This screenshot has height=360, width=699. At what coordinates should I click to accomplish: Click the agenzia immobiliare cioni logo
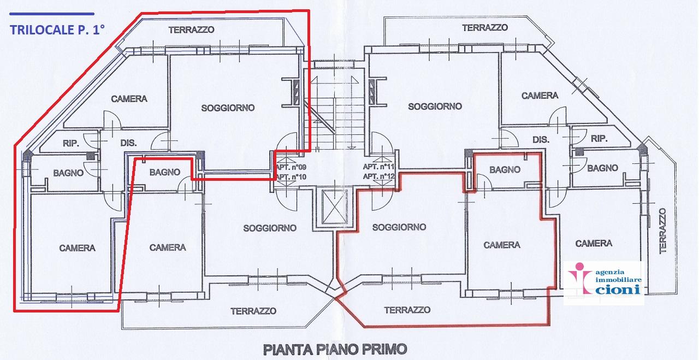(x=603, y=281)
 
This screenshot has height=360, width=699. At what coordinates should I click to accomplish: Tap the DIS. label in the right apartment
(x=540, y=140)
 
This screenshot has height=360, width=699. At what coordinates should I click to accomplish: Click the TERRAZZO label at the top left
(x=191, y=30)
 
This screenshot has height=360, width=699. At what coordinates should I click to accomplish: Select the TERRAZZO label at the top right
(x=485, y=27)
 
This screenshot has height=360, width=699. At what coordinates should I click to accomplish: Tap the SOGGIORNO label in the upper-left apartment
(x=228, y=108)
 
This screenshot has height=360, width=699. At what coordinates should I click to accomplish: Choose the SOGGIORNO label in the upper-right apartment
(x=435, y=107)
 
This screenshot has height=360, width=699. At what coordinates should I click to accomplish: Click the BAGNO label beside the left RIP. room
(x=68, y=173)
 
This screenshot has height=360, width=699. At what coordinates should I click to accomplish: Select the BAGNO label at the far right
(x=603, y=168)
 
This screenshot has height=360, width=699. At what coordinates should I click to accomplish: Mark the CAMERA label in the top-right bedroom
(x=540, y=96)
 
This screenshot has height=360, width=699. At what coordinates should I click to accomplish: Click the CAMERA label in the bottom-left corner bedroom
(x=77, y=248)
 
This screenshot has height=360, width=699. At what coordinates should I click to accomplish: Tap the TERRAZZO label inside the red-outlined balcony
(x=407, y=310)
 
